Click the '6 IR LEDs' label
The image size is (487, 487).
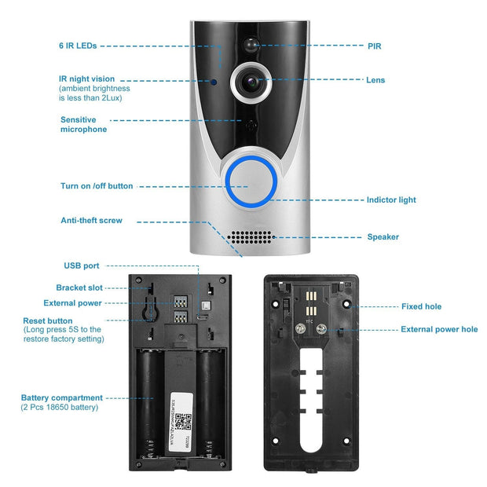(x=78, y=46)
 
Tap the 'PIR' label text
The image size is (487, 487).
(x=374, y=46)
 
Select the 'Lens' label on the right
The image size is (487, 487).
(x=375, y=80)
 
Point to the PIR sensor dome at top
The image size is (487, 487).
(x=252, y=44)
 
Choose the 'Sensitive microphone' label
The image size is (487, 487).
(x=83, y=124)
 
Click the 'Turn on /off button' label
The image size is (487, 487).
(x=97, y=186)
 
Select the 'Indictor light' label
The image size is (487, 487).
(x=391, y=200)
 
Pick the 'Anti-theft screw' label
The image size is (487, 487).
(x=91, y=221)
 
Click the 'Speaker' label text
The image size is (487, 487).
(x=383, y=236)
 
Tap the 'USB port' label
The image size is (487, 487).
(x=81, y=265)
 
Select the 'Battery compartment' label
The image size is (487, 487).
(x=61, y=397)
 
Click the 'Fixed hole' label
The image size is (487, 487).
(x=422, y=306)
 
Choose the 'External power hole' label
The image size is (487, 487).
(x=439, y=329)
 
